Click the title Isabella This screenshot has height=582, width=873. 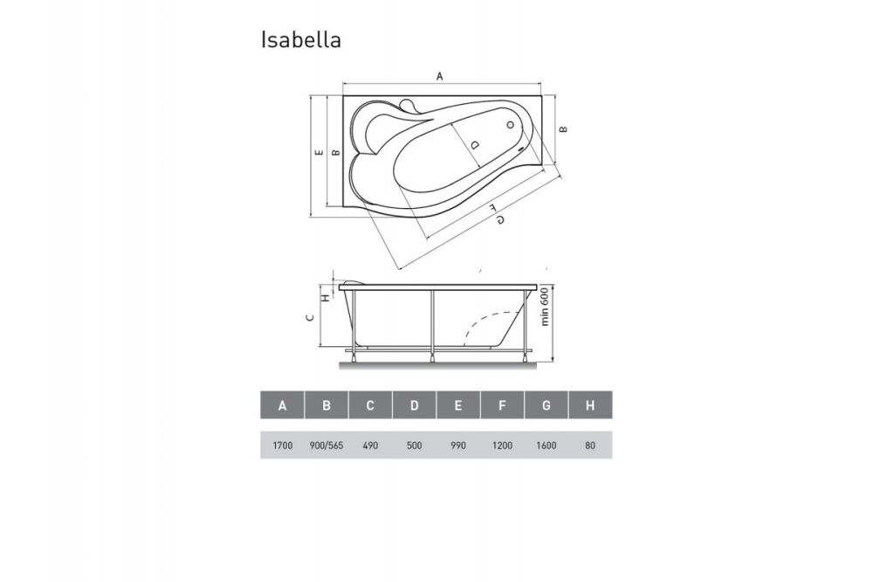301,40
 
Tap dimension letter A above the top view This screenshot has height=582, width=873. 440,76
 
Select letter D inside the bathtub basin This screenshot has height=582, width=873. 473,143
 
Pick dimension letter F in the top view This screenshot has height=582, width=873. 492,208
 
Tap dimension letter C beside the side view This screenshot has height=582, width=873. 311,318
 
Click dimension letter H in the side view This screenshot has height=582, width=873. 326,297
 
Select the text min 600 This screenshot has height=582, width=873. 544,308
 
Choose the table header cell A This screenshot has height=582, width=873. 282,405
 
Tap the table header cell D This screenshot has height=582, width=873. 415,405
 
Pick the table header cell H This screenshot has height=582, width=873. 590,405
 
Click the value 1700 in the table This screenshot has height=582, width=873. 282,446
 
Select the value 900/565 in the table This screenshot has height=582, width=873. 327,446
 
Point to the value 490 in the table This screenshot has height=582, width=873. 370,446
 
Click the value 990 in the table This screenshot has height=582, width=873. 458,446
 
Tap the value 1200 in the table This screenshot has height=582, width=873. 503,446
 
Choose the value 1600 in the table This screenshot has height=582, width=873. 546,446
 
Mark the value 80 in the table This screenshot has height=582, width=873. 590,446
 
